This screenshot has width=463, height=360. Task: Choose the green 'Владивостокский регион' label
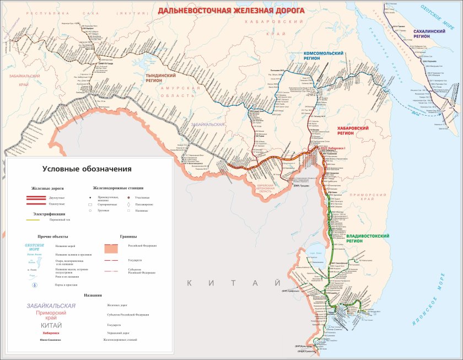(x=368, y=239)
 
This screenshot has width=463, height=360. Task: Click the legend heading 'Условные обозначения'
(x=87, y=169)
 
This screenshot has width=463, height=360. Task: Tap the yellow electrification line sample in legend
(x=36, y=220)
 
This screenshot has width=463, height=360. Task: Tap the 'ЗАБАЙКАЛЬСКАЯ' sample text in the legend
(x=51, y=306)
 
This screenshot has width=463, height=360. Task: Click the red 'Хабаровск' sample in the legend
(x=51, y=333)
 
